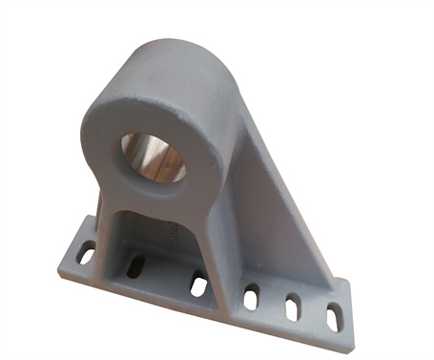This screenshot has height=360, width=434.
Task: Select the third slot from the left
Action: click(x=198, y=284)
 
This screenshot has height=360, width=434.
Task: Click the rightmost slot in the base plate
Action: click(x=334, y=315)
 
